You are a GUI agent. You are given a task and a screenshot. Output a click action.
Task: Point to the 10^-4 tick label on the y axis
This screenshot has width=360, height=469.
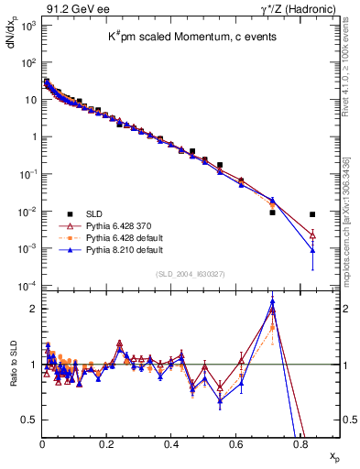27,287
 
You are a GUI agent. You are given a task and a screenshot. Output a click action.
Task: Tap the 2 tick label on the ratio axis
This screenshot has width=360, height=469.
32,309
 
